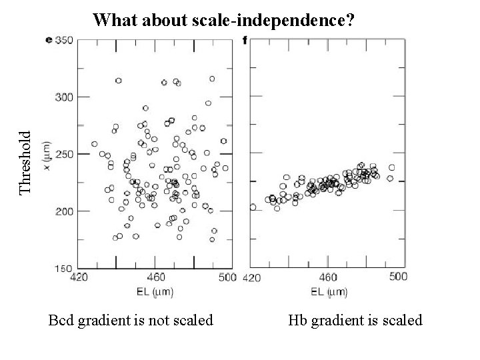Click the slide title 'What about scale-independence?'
[224, 19]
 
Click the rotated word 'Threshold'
[25, 162]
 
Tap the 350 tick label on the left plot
[64, 40]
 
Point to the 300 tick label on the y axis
[64, 97]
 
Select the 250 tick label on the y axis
[64, 154]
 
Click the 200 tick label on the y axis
[64, 211]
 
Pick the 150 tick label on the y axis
[64, 268]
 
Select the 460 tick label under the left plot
[155, 277]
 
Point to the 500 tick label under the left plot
[227, 277]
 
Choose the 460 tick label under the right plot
[327, 277]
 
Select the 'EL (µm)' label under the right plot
[327, 291]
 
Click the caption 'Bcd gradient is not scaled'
[131, 321]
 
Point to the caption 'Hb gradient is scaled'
[355, 321]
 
